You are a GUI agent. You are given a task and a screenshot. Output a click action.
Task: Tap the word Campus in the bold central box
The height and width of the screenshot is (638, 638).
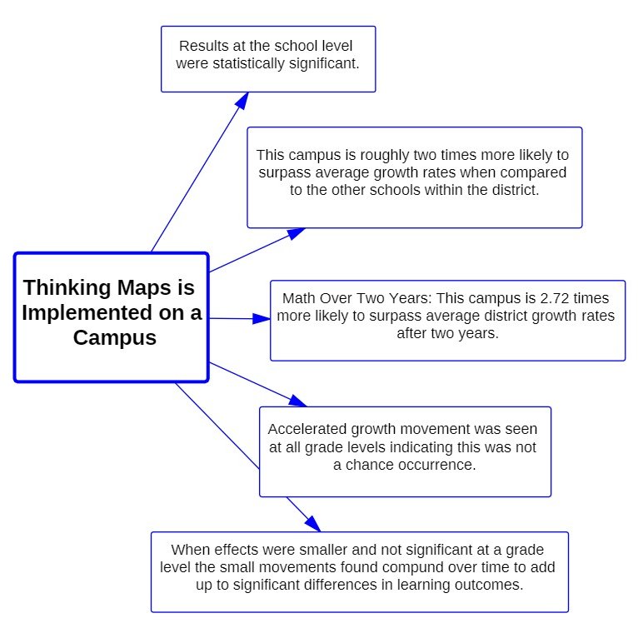point(114,339)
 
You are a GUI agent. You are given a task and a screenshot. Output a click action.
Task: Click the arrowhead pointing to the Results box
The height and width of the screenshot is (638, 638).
point(242,99)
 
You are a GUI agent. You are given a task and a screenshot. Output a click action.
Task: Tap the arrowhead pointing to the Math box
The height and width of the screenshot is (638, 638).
point(262,318)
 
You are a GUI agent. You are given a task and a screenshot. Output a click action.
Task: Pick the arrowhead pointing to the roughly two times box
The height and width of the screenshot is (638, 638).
point(296,233)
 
